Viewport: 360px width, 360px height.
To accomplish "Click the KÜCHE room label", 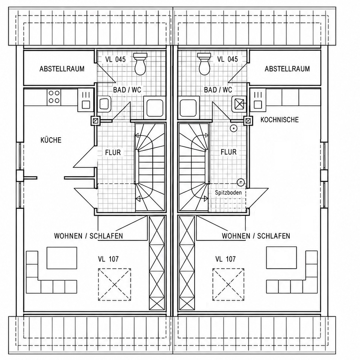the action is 51,140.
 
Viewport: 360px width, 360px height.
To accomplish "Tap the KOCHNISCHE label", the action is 280,120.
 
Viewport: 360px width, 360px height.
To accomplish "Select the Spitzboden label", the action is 228,193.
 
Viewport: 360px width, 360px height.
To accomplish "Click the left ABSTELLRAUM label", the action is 62,69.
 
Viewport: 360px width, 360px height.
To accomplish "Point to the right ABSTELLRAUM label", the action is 287,69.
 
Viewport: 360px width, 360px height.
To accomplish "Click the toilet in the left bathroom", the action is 140,64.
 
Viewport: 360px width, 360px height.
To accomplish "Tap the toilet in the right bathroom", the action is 204,64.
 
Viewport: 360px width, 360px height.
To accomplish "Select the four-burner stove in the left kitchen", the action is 54,97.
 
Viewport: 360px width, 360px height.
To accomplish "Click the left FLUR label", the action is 113,152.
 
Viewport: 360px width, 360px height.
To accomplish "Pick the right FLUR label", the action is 228,152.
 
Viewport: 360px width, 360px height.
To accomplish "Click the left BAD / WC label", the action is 127,90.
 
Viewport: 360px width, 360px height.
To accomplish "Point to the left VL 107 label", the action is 108,259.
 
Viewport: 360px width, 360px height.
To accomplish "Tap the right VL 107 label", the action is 225,259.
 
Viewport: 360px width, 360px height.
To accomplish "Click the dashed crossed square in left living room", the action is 115,285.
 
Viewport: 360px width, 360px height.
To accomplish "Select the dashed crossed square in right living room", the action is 228,285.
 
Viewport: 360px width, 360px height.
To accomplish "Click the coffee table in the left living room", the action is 62,258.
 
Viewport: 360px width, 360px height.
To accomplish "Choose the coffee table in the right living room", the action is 281,258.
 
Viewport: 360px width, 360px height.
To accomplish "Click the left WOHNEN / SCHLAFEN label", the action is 88,236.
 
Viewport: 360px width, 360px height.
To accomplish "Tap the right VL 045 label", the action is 227,59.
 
